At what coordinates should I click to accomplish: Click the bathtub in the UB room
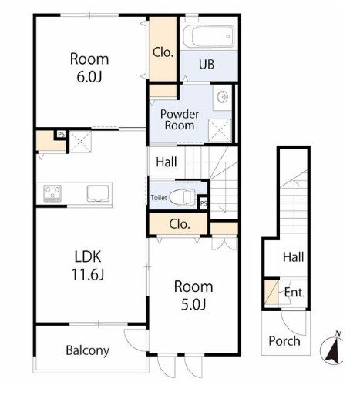click(209, 36)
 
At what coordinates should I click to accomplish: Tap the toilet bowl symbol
click(183, 197)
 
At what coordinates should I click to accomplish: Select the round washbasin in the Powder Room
click(223, 97)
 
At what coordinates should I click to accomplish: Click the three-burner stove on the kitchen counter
click(52, 192)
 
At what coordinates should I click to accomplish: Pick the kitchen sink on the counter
click(98, 193)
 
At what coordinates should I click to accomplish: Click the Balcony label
click(88, 350)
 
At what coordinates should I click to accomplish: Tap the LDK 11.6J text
click(88, 265)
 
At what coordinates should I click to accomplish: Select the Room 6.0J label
click(89, 68)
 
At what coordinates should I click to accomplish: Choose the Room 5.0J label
click(193, 295)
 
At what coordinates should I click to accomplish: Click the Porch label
click(284, 341)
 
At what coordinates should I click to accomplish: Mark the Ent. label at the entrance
click(294, 293)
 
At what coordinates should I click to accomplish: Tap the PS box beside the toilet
click(204, 203)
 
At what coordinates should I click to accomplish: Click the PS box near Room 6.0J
click(61, 134)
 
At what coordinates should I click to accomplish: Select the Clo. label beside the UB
click(163, 52)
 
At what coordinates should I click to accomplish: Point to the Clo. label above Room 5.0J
click(180, 224)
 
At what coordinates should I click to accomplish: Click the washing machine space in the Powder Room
click(220, 130)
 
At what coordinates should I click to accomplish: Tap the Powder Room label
click(180, 120)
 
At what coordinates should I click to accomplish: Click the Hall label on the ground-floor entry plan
click(293, 257)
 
